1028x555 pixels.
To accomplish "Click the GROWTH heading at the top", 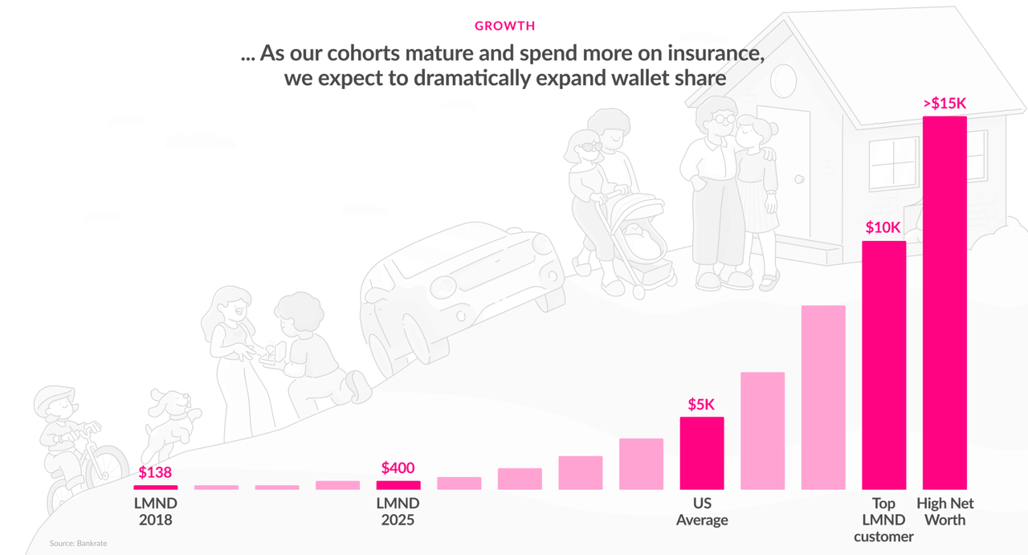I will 504,26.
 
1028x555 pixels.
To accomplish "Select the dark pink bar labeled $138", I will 155,487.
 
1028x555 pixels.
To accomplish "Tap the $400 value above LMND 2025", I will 398,467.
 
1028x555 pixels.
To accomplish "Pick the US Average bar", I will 701,453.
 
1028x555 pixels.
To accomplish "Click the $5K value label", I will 701,404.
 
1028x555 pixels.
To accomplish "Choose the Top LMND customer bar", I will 883,365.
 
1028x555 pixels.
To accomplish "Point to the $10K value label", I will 883,227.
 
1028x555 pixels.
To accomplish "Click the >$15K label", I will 944,103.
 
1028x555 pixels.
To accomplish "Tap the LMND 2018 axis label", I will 155,512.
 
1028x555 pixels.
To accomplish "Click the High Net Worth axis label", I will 945,512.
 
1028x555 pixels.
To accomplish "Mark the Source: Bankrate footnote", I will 78,544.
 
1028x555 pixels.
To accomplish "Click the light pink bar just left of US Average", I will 641,463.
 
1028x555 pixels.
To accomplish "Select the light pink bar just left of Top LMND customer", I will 823,398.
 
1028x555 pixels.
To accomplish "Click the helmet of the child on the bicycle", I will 54,397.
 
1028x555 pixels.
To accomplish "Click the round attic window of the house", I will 783,80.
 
